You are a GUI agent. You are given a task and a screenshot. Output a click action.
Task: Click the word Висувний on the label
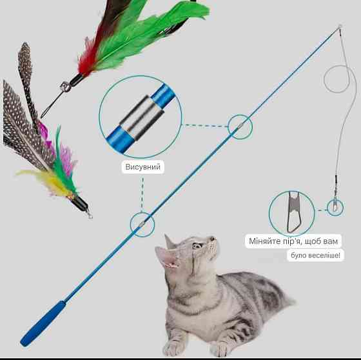pos(142,166)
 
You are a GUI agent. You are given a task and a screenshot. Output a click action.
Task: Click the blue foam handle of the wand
pos(43,323)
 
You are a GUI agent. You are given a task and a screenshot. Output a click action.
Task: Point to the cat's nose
pos(212,239)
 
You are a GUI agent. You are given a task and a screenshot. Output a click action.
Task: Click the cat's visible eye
pos(197,245)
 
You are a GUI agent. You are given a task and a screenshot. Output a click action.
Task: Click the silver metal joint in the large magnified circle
pos(141,117)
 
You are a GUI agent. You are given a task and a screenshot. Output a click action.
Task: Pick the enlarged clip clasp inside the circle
pos(292,212)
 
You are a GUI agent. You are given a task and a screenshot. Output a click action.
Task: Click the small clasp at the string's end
pos(335,206)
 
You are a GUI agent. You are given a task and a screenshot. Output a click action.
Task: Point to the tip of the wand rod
pos(340,26)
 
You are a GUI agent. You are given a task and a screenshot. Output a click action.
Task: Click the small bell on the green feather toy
pos(64,87)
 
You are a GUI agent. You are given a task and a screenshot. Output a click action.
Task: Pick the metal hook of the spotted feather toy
pos(89,214)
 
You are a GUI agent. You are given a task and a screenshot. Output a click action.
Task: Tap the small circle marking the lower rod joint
pos(142,225)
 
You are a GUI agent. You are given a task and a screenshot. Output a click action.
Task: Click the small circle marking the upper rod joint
pos(240,126)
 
